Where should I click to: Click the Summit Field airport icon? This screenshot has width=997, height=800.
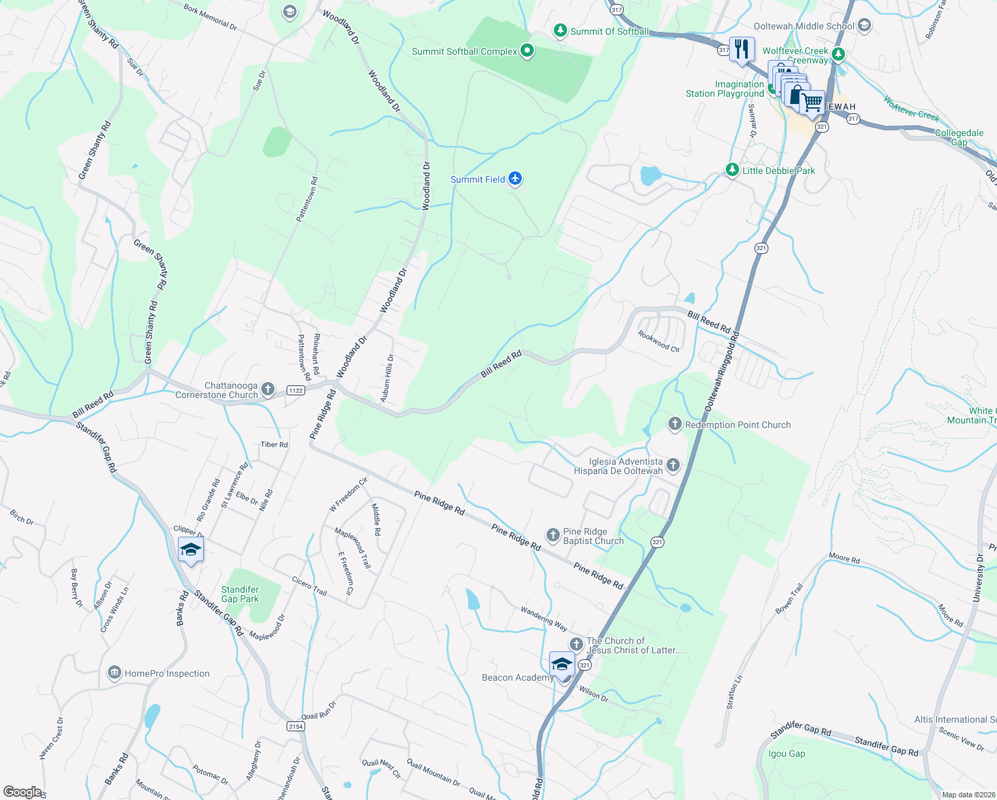514,179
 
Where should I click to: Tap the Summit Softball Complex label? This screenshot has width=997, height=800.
464,51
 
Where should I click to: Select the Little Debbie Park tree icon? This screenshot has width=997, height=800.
732,171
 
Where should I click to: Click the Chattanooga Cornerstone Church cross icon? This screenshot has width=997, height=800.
268,389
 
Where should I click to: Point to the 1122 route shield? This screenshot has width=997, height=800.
295,391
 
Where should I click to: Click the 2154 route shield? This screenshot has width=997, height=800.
295,726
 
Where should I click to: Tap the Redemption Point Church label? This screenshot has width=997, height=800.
738,425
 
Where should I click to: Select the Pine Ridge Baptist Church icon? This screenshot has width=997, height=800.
552,535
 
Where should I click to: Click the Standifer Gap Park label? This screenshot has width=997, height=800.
240,594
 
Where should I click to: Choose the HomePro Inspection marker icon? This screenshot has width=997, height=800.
114,673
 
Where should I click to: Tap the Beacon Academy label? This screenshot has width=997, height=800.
517,677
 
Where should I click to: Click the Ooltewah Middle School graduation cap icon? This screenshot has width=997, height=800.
864,26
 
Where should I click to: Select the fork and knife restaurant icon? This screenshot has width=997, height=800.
742,49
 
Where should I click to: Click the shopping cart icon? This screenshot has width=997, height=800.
812,103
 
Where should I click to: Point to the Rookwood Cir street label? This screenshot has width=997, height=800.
658,341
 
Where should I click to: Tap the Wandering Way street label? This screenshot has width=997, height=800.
544,619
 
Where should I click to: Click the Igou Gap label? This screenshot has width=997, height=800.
786,753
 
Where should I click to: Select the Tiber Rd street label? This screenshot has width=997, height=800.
274,445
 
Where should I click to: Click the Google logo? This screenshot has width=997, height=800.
23,792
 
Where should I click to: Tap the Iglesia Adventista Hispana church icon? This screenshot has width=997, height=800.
673,465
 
